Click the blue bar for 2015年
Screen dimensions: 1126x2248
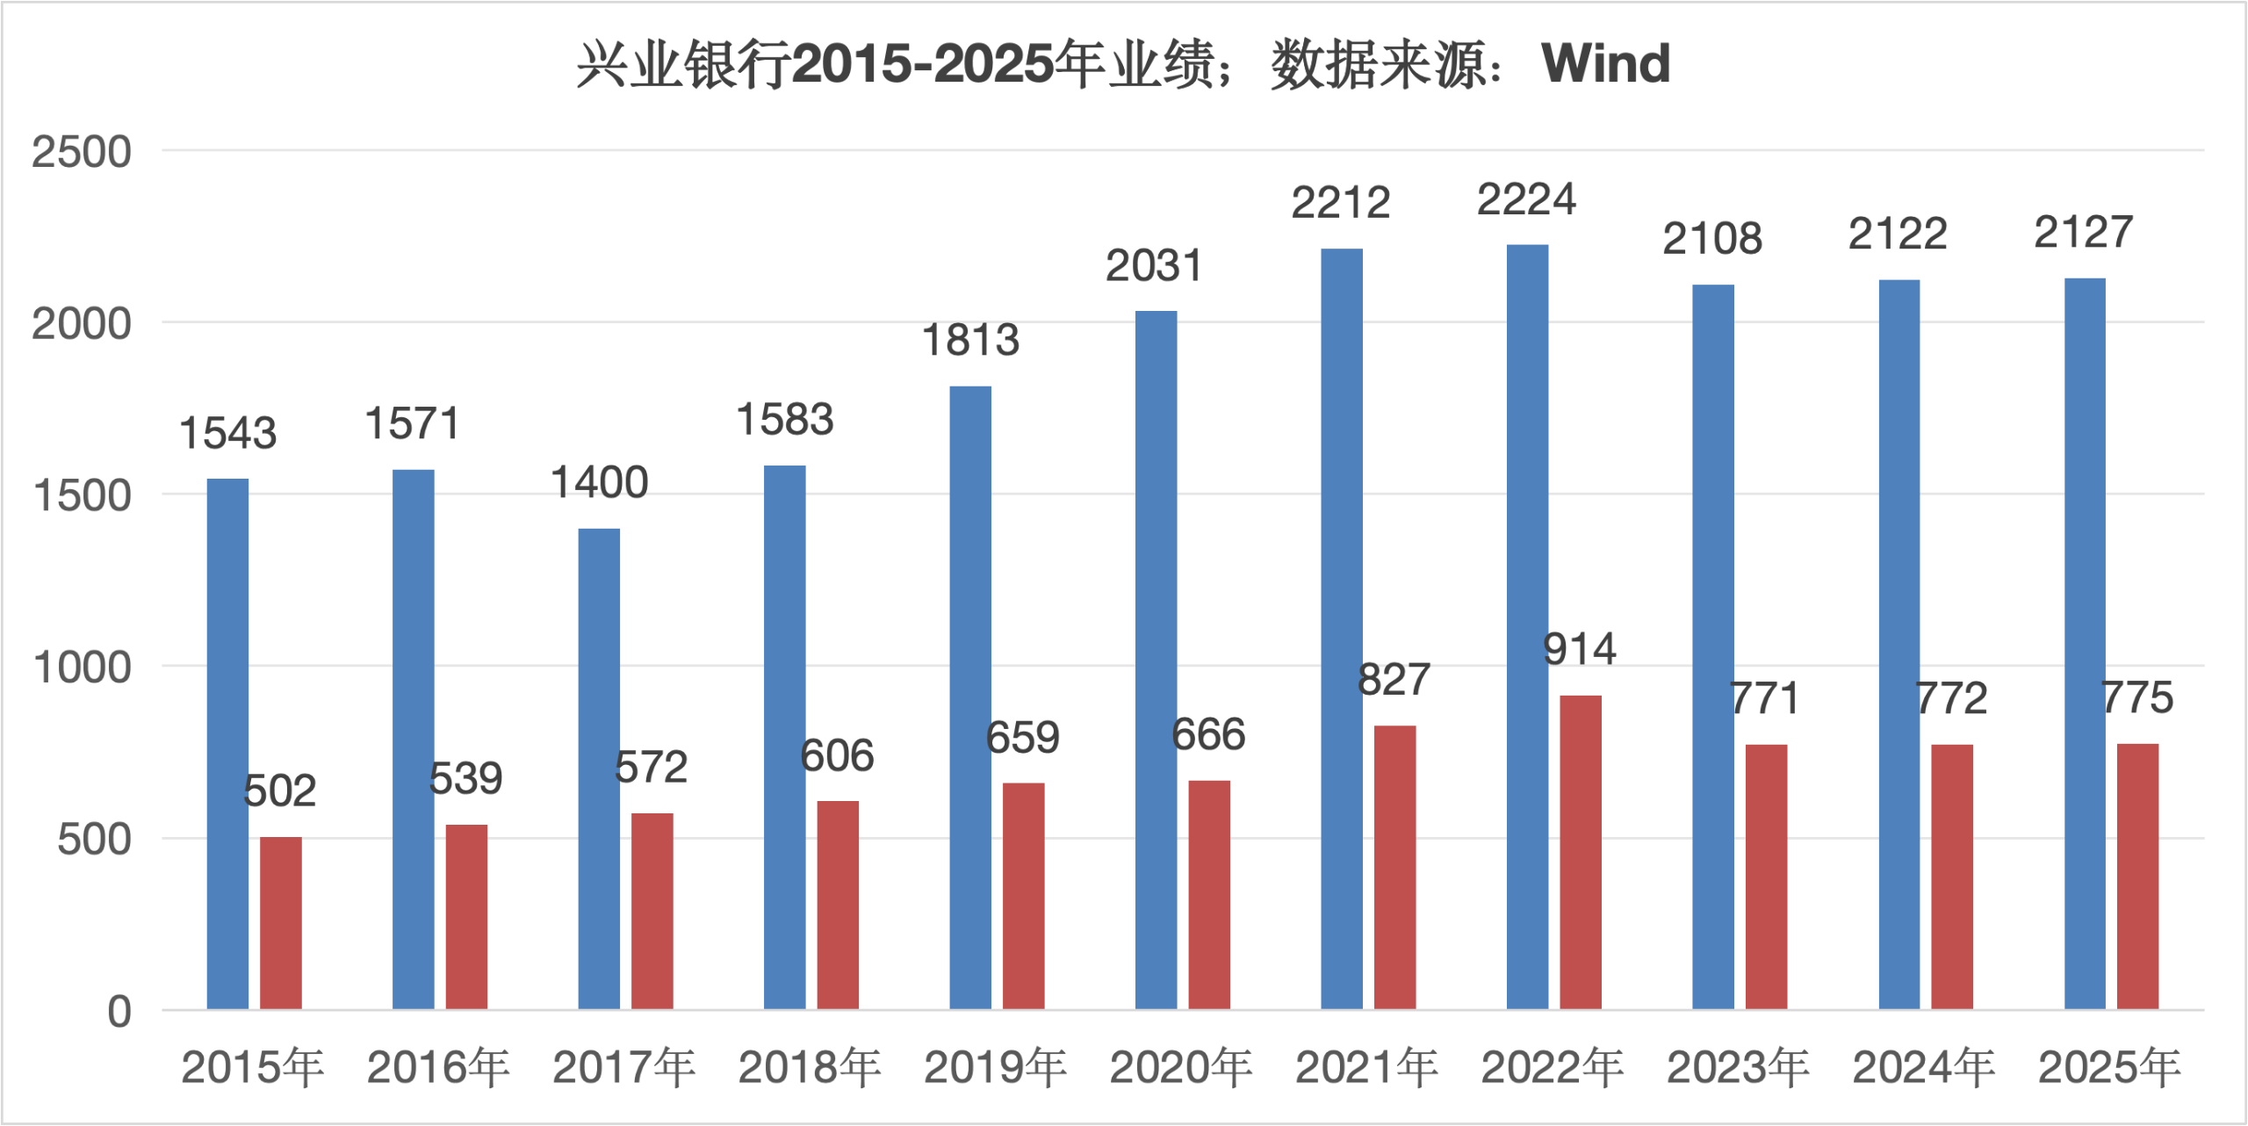point(227,744)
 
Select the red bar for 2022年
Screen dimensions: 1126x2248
point(1580,852)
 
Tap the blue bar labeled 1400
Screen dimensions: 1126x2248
point(599,769)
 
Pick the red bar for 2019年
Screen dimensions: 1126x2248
point(1023,896)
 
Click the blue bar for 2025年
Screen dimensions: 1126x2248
point(2085,644)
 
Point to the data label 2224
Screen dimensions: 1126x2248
point(1526,200)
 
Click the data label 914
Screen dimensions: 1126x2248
point(1580,650)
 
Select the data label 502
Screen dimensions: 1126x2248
point(279,791)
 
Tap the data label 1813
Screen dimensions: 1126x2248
point(970,341)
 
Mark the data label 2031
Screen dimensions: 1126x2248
point(1154,266)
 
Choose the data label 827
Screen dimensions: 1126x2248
point(1394,680)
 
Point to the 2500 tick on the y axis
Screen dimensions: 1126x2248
point(82,152)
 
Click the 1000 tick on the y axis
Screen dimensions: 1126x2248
point(82,668)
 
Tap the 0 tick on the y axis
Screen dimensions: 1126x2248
point(119,1012)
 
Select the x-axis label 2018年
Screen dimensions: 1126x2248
point(810,1068)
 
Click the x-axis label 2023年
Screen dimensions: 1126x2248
point(1738,1068)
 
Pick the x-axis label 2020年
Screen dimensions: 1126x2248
point(1181,1068)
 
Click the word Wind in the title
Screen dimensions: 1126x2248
point(1605,63)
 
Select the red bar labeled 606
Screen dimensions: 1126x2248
point(838,905)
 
